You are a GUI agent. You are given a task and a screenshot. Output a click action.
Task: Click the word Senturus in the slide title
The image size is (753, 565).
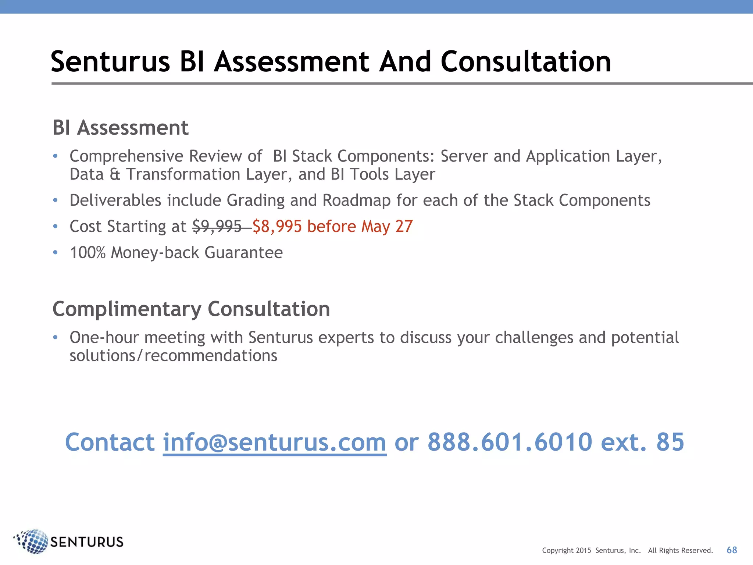(110, 62)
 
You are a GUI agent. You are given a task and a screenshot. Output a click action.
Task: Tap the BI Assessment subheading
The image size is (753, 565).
(120, 128)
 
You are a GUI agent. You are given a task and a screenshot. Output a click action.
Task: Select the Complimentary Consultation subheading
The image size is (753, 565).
(191, 309)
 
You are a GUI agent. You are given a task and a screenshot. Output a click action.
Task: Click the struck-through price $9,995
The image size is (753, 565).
(217, 227)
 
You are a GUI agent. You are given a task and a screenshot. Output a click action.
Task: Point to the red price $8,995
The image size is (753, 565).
(277, 227)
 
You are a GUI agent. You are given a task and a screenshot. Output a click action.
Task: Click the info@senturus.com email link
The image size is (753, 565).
(274, 442)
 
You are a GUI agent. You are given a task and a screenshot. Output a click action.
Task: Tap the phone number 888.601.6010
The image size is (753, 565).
(510, 442)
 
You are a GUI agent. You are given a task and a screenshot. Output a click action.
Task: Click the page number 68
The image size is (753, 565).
(732, 550)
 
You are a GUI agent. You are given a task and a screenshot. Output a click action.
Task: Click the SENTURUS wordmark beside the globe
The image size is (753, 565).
(87, 542)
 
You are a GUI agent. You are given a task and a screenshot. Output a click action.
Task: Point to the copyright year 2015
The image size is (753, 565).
(583, 551)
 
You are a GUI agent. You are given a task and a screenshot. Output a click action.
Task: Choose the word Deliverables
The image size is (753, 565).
(115, 201)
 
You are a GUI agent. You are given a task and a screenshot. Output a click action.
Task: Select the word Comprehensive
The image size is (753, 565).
(126, 157)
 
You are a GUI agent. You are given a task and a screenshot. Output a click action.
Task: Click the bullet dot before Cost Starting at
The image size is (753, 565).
(55, 227)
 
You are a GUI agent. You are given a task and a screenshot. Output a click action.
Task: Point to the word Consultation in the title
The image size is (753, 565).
(526, 62)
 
